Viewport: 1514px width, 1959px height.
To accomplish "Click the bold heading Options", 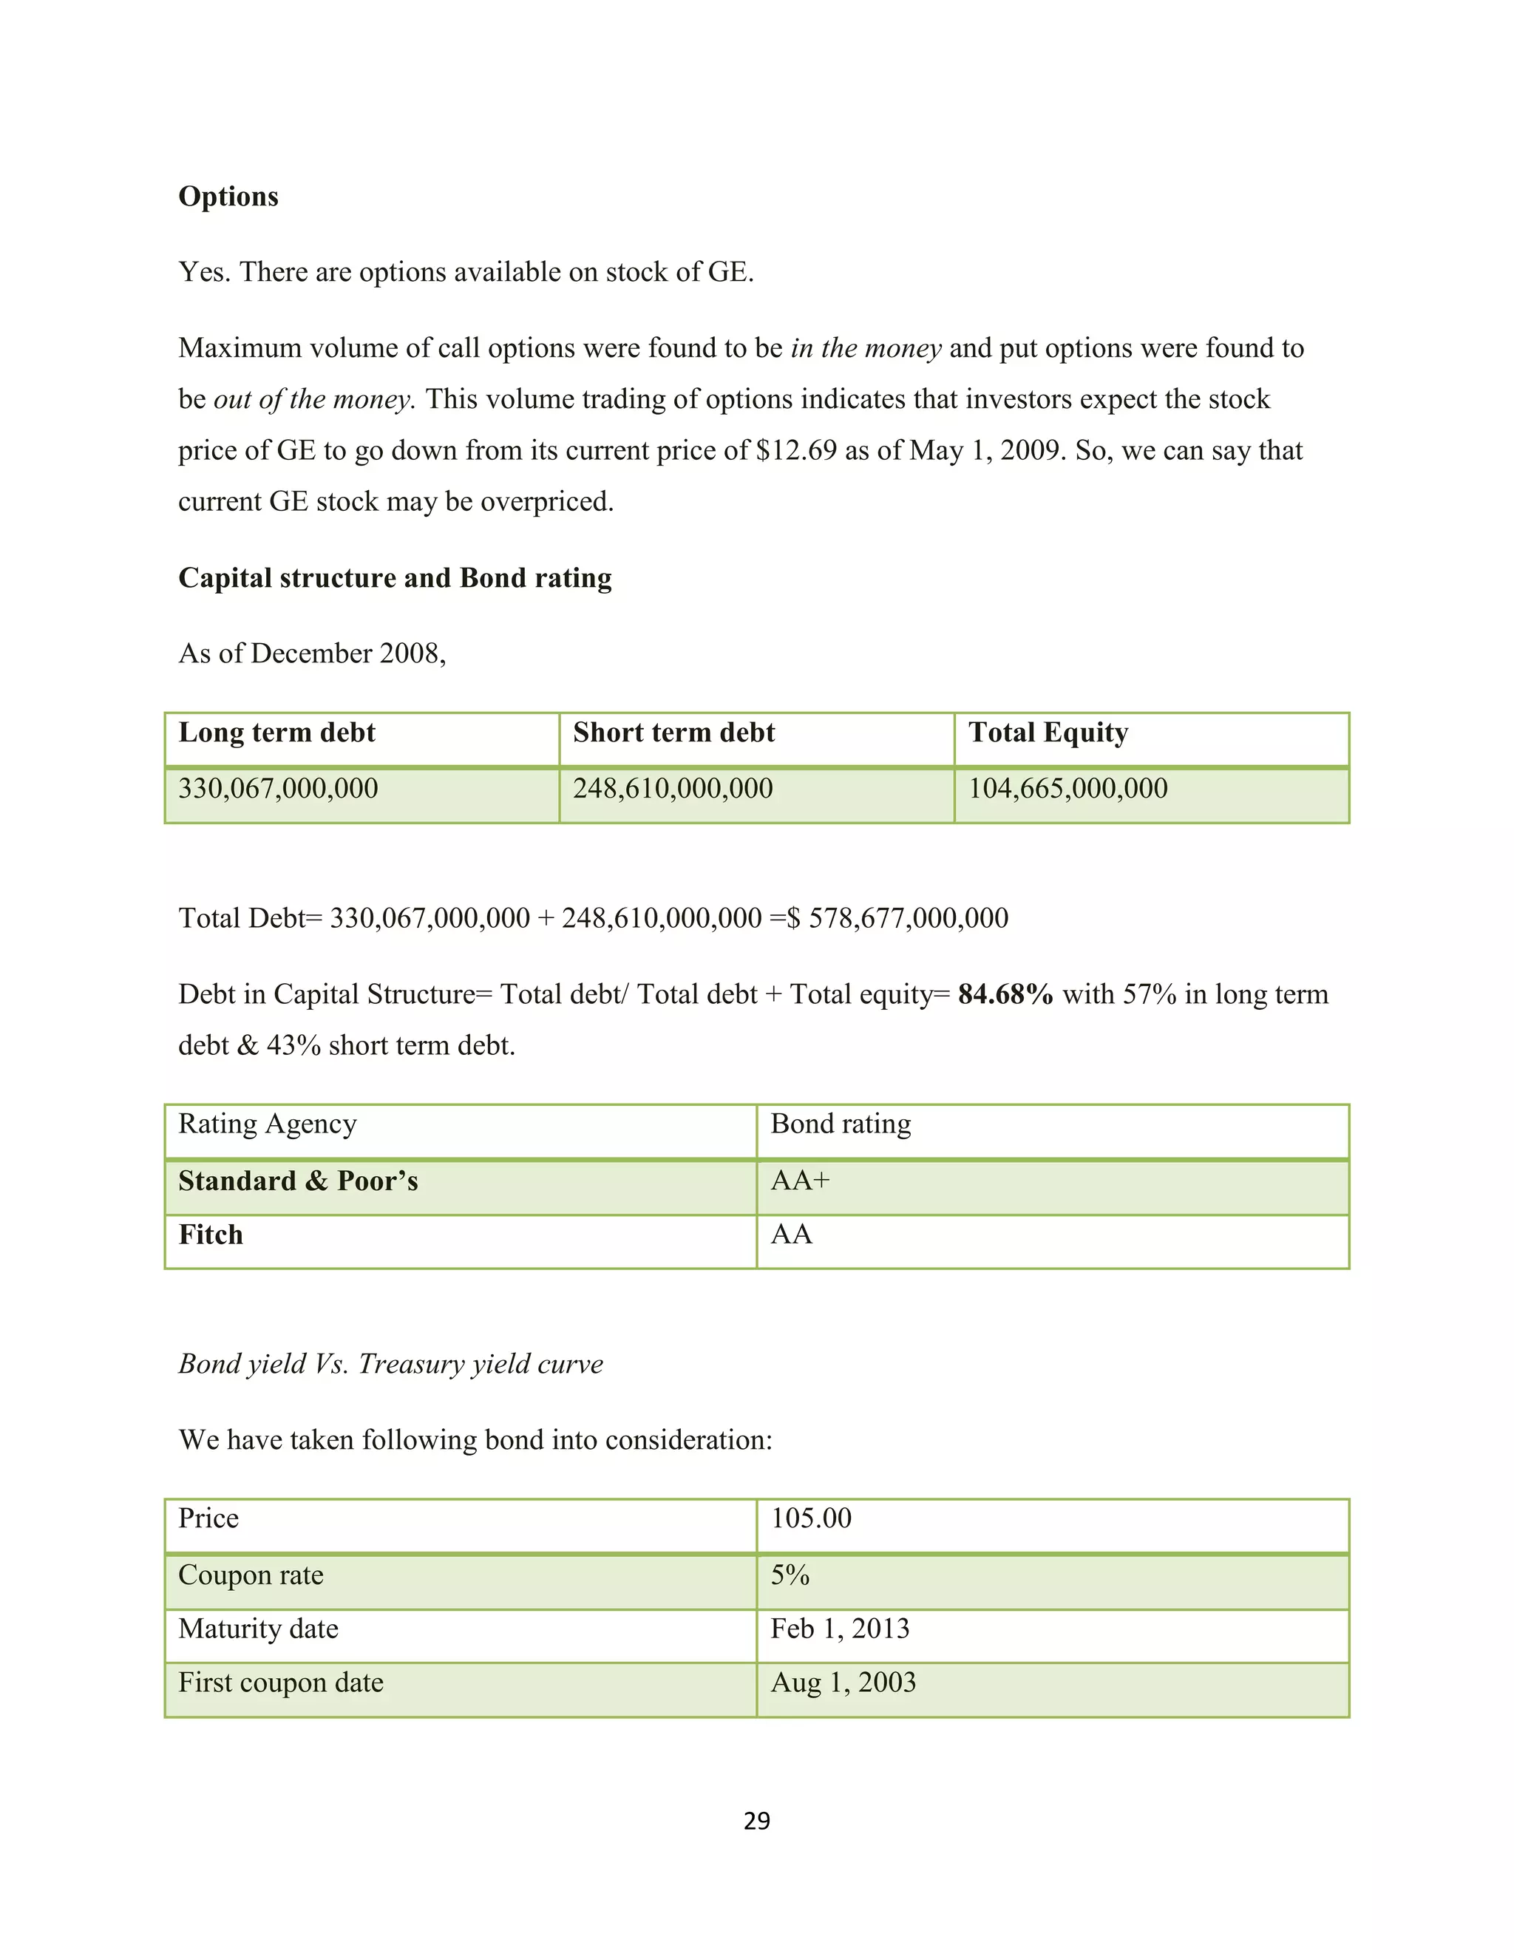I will coord(228,197).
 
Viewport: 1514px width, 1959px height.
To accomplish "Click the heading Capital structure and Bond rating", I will coord(395,577).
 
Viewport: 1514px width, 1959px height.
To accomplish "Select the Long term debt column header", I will coord(276,733).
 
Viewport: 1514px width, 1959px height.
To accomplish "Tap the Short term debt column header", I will coord(673,733).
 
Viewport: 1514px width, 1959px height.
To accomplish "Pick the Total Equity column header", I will coord(1048,733).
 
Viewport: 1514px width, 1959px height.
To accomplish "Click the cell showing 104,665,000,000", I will coord(1067,789).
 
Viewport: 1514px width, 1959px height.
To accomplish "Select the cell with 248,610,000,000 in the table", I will coord(673,789).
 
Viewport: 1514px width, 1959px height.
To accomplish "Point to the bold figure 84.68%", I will coord(1005,994).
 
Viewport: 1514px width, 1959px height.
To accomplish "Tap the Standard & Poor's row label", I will coord(298,1181).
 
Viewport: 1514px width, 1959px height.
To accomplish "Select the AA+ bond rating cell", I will coord(800,1181).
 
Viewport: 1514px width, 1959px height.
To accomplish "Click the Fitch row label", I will coord(211,1235).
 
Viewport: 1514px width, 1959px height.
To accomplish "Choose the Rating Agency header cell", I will coord(268,1124).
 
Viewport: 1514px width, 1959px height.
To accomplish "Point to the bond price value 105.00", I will coord(811,1518).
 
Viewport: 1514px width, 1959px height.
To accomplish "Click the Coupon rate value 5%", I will coord(790,1575).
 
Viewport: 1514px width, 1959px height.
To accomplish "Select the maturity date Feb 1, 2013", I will coord(840,1629).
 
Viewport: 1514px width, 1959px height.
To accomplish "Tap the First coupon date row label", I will coord(281,1683).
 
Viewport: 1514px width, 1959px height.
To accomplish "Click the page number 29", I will coord(756,1821).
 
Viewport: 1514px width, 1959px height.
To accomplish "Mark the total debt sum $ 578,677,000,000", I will coord(897,917).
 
